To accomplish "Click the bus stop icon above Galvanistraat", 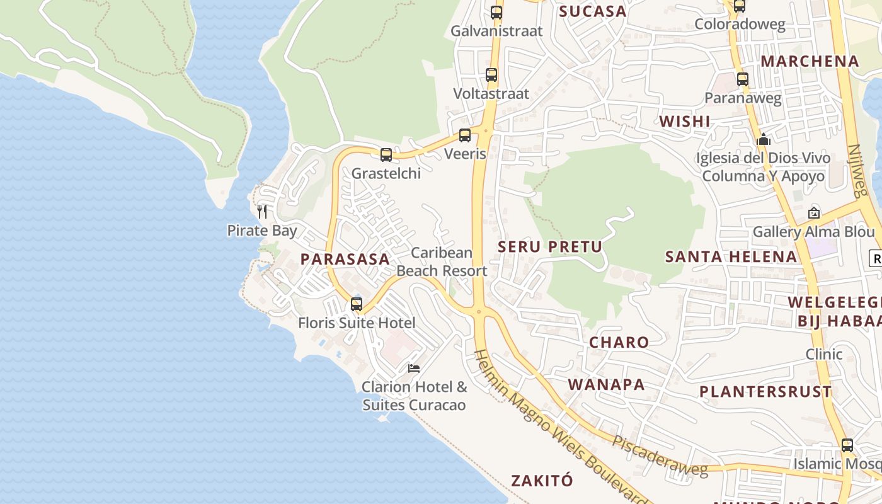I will point(496,12).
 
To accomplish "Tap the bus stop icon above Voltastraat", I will point(491,75).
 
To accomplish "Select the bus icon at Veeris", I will point(465,135).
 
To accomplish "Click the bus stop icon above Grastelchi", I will point(386,154).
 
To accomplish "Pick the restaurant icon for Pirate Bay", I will point(262,212).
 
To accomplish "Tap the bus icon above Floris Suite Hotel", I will point(357,304).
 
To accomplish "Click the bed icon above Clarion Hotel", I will point(414,368).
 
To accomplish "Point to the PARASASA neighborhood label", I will point(345,259).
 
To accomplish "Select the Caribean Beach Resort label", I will point(442,261).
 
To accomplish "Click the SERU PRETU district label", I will point(550,247).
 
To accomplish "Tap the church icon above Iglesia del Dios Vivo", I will point(764,139).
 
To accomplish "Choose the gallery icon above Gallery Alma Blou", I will point(813,214).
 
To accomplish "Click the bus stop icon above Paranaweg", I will point(743,79).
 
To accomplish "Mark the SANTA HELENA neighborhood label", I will point(731,256).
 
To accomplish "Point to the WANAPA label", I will point(606,384).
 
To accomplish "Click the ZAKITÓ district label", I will point(542,481).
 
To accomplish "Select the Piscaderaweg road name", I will point(660,455).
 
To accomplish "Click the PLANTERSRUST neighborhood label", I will point(765,391).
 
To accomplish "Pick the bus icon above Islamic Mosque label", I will point(847,445).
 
